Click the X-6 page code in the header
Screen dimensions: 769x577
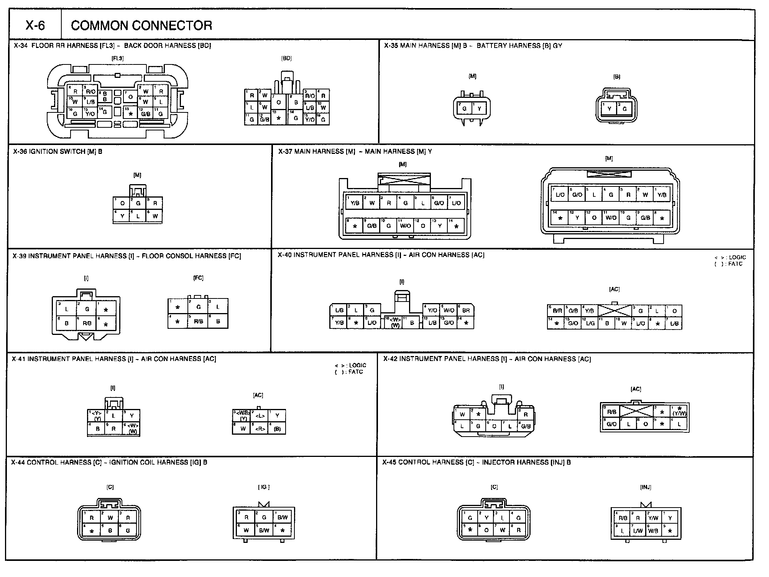tap(35, 25)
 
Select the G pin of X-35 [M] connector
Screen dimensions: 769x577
tap(464, 109)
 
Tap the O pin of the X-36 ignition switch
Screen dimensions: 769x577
tap(122, 203)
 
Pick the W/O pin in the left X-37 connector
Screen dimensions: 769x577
tap(405, 226)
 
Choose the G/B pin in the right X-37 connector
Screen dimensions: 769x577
tap(645, 218)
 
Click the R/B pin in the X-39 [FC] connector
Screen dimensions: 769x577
tap(198, 321)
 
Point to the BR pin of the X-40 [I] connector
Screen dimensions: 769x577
tap(466, 310)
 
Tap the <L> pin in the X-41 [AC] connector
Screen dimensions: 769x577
tap(260, 416)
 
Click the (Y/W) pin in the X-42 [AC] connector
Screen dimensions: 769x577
tap(679, 413)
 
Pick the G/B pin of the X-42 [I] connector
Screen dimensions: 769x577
tap(526, 426)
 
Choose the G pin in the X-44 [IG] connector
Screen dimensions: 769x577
tap(264, 518)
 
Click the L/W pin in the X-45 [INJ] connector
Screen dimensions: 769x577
tap(638, 531)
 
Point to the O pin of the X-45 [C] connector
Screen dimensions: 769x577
tap(486, 530)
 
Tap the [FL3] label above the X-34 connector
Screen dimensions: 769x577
tap(117, 58)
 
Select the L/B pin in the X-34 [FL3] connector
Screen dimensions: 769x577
tap(90, 102)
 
